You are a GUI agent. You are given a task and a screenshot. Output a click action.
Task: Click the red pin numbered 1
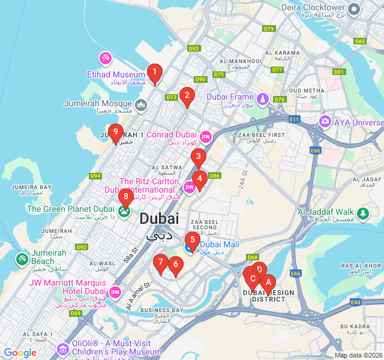154,73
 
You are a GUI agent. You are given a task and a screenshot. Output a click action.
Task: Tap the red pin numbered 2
187,95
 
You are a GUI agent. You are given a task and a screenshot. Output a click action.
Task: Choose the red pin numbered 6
175,265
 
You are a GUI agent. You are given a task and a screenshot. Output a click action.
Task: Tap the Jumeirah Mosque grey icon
141,106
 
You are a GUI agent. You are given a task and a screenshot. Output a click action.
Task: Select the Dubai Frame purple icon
262,97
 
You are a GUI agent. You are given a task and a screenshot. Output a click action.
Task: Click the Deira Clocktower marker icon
354,9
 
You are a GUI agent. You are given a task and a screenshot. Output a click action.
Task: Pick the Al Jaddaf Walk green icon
362,213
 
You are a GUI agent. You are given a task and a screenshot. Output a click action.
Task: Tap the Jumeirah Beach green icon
22,259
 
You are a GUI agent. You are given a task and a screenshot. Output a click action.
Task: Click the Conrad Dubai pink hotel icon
205,137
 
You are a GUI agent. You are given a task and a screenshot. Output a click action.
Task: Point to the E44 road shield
356,302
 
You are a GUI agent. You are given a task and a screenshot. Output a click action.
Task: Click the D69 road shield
75,313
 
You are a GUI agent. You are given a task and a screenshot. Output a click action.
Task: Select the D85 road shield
359,41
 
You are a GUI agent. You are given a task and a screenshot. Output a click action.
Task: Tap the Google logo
20,353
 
